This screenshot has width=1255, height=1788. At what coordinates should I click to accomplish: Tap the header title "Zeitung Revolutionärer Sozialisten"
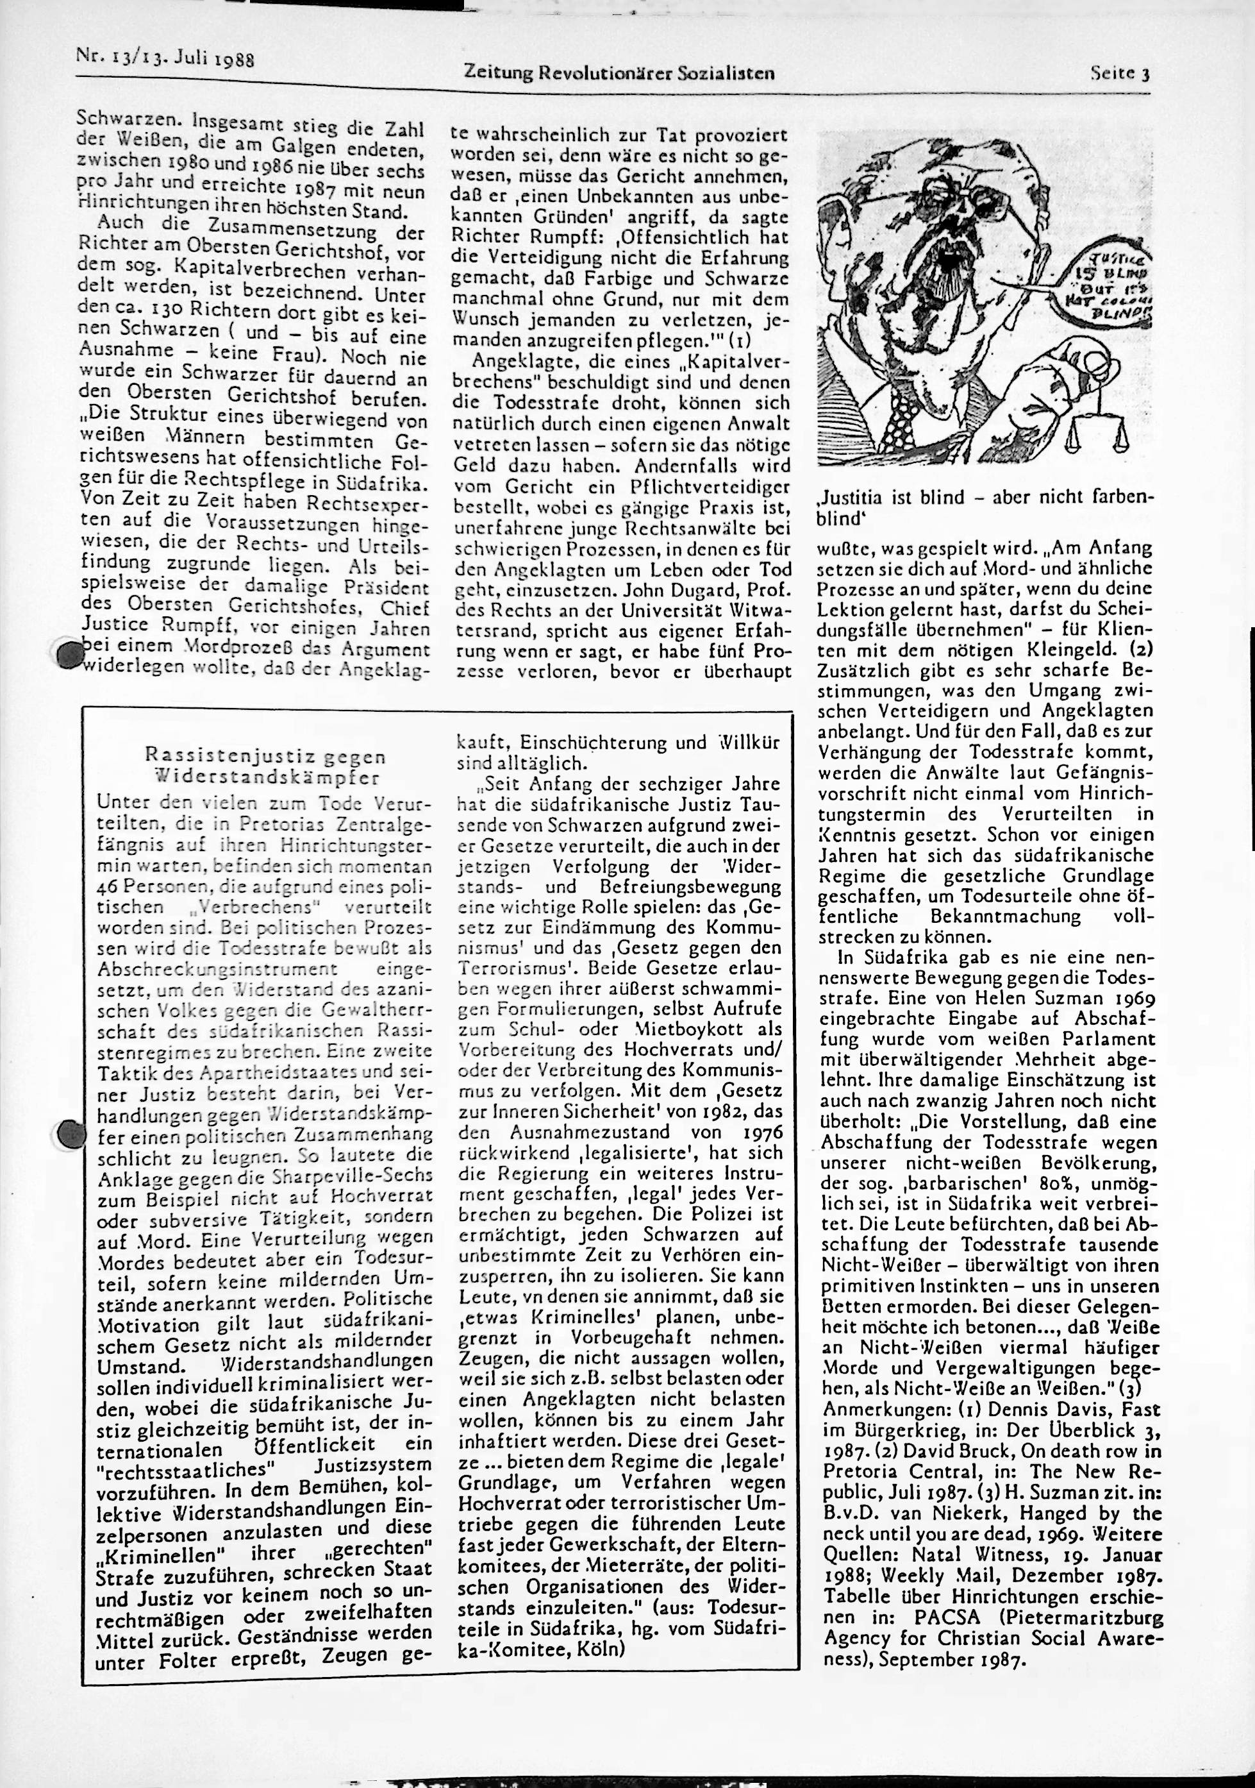coord(619,73)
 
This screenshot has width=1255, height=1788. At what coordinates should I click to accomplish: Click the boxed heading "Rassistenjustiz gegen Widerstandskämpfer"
coord(265,766)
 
